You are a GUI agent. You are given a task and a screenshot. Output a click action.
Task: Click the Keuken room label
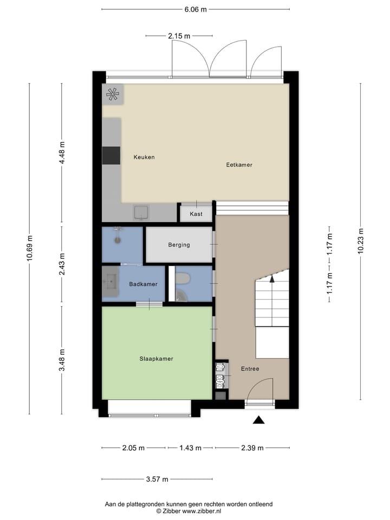(144, 157)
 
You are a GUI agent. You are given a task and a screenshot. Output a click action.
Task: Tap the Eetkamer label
(239, 165)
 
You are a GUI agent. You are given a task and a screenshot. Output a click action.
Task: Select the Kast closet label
(196, 214)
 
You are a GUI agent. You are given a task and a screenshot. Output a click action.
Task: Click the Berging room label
(179, 245)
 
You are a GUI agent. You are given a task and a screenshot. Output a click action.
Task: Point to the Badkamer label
(143, 284)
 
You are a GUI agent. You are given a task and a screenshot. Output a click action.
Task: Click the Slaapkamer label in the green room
(156, 359)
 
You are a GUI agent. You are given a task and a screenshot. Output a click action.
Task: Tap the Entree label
(250, 369)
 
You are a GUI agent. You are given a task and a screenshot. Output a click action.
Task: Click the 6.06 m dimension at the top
(195, 9)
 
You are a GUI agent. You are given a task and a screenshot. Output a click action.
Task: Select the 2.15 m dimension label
(179, 36)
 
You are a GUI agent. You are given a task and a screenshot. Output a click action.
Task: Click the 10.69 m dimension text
(29, 248)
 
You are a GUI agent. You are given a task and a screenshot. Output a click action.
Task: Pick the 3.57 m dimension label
(157, 479)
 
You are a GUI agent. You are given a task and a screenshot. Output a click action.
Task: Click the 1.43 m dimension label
(190, 448)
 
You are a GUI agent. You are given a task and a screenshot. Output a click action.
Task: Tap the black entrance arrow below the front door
(259, 419)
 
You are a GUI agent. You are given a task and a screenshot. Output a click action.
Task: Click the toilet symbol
(183, 278)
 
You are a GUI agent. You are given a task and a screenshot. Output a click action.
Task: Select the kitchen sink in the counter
(142, 212)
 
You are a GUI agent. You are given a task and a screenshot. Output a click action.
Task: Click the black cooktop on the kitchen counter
(111, 155)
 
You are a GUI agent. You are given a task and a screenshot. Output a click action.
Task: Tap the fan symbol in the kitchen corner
(113, 94)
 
